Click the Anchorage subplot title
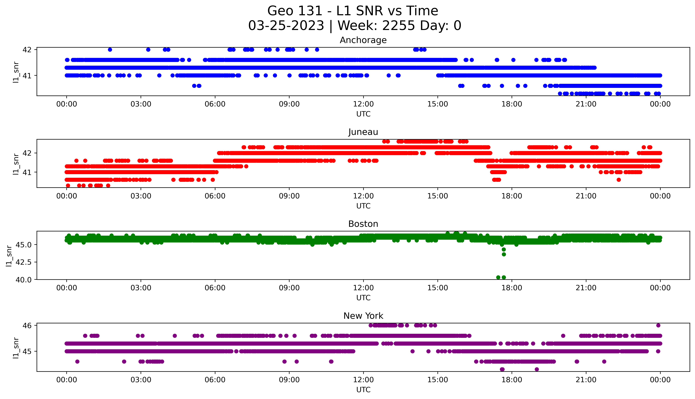pyautogui.click(x=363, y=40)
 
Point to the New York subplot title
pyautogui.click(x=363, y=316)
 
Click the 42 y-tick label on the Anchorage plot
pyautogui.click(x=27, y=50)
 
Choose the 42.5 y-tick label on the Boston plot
pyautogui.click(x=23, y=262)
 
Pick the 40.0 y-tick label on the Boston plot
pyautogui.click(x=23, y=280)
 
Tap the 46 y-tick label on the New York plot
pyautogui.click(x=27, y=326)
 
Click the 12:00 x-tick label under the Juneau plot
pyautogui.click(x=363, y=196)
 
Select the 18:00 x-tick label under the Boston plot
pyautogui.click(x=512, y=288)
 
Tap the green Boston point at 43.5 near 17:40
pyautogui.click(x=504, y=254)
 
